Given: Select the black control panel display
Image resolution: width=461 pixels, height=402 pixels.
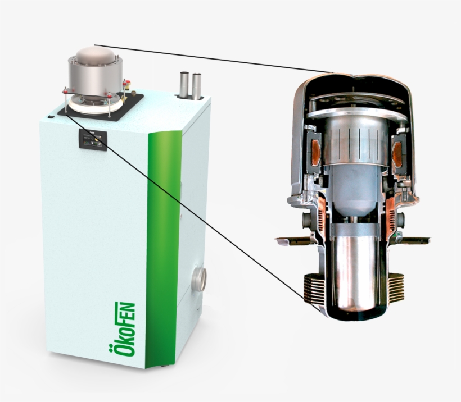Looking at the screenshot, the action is click(93, 140).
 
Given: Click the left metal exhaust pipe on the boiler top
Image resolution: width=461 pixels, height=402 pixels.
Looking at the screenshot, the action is click(184, 84).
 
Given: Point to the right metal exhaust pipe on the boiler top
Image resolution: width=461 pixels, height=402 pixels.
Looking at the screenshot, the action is click(196, 86).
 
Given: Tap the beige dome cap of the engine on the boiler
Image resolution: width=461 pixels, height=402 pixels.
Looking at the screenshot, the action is click(95, 55).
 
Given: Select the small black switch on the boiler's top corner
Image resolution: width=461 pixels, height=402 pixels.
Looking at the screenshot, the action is click(51, 117).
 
